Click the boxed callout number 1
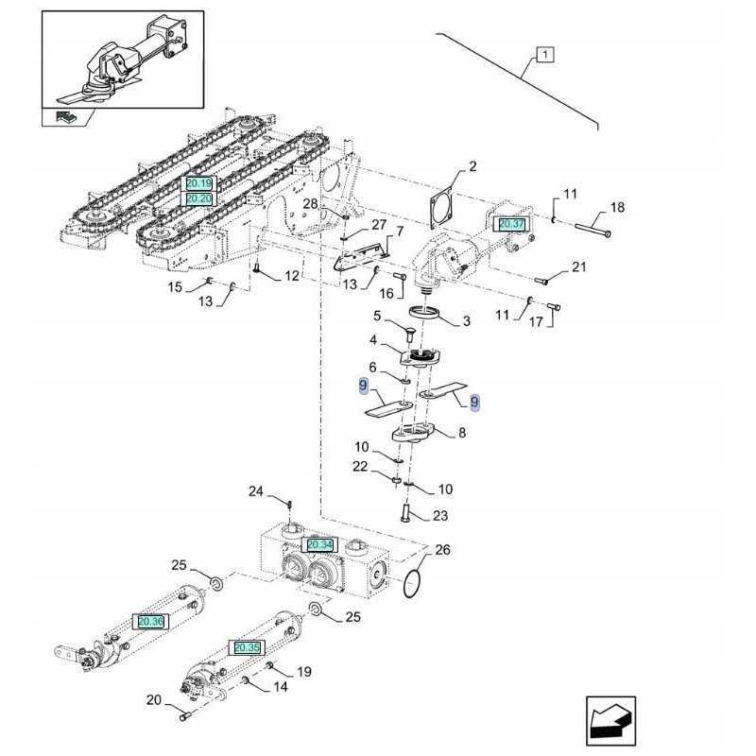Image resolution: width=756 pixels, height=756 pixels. coord(545,54)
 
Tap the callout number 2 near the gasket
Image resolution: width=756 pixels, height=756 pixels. coord(472,167)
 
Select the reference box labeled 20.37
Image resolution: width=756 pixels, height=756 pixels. coord(511,224)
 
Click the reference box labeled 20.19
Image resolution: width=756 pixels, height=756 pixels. coord(199,182)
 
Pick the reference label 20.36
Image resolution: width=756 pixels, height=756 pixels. coord(150,621)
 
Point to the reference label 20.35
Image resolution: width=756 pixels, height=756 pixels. coord(247,647)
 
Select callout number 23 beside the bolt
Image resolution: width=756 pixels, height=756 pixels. coord(440,516)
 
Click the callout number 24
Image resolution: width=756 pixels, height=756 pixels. coord(256,490)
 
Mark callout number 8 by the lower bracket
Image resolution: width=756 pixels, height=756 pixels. coord(461,434)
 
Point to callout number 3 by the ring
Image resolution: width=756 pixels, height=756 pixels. coord(466,321)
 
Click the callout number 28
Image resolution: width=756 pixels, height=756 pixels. coord(311,204)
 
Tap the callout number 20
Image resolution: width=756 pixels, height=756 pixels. coord(154,700)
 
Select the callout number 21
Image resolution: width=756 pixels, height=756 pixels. coord(578,267)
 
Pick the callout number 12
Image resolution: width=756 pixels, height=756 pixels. coord(291,276)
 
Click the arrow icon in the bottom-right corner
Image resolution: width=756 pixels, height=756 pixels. coord(610,721)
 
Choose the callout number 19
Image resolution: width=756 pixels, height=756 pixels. coord(304,672)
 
